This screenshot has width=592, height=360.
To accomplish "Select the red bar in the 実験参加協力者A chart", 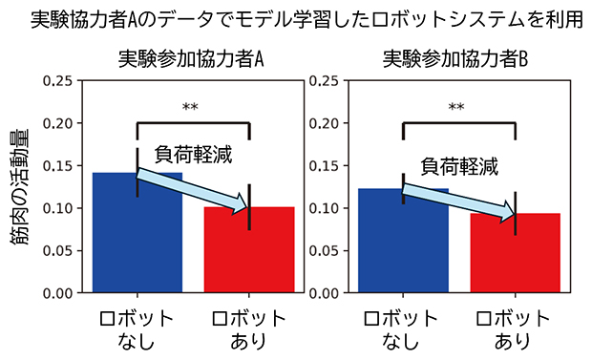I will coord(249,253).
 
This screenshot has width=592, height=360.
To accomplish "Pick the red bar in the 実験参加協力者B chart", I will coord(516,256).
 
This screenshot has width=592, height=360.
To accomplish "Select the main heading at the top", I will coord(296,19).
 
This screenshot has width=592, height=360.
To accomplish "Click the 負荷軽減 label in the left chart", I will coord(194,152).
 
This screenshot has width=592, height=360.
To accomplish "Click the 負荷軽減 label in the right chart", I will coord(460,165).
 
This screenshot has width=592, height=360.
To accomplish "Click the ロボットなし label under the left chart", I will coord(137,328).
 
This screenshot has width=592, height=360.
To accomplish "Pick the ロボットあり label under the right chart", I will coord(516,328).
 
